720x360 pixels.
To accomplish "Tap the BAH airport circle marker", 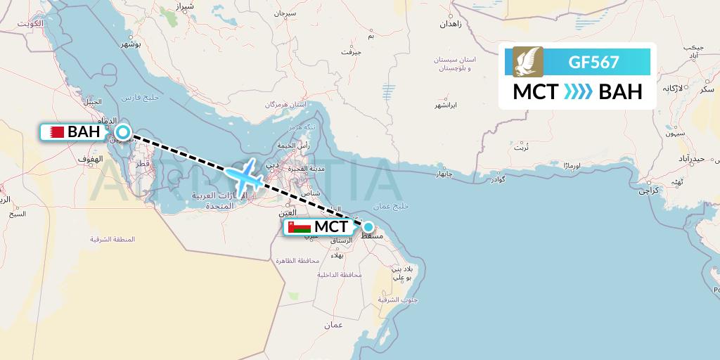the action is coord(123,131).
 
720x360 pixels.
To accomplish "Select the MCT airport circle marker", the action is coord(368,226).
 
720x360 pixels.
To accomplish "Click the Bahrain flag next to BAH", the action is coord(56,131).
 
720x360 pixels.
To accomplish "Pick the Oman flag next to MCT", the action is coord(300,227).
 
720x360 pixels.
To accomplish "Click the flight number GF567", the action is coord(594,62).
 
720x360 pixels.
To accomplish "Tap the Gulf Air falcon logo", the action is coord(528,62).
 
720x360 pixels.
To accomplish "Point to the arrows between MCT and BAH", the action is coord(578,92).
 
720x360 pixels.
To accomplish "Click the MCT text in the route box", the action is coord(536,92).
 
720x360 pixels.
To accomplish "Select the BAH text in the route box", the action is coord(620,92).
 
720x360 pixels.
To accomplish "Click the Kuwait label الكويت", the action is coord(32,23).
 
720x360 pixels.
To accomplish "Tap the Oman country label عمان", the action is coord(333,326).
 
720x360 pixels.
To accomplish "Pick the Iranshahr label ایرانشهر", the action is coord(444,105).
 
